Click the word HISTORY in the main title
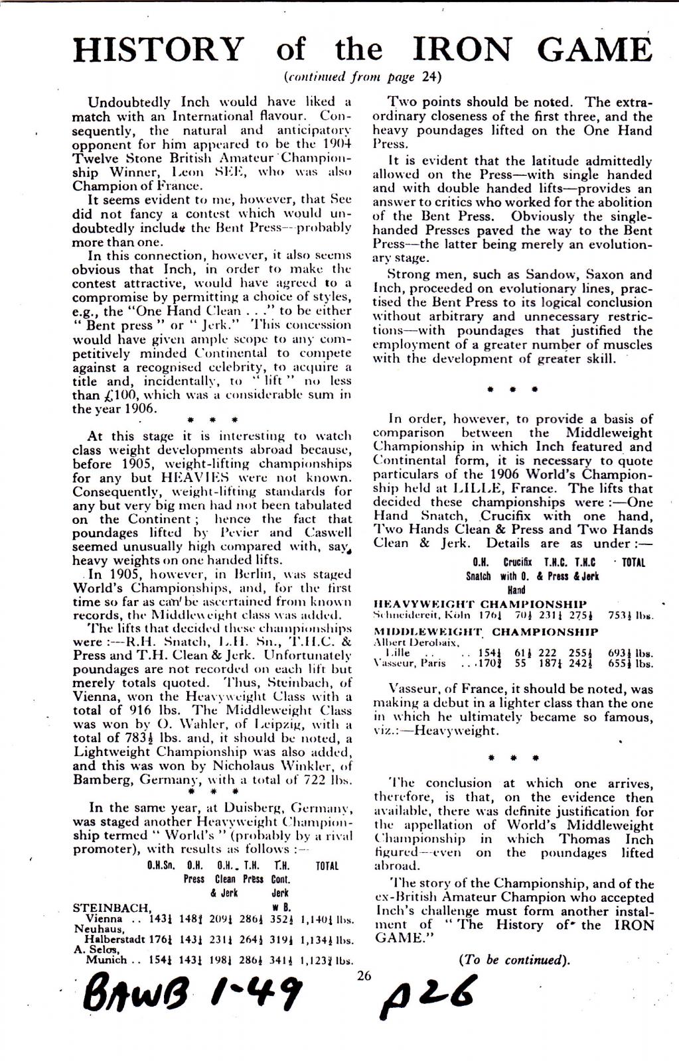click(x=159, y=50)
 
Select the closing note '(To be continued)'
click(x=514, y=960)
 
